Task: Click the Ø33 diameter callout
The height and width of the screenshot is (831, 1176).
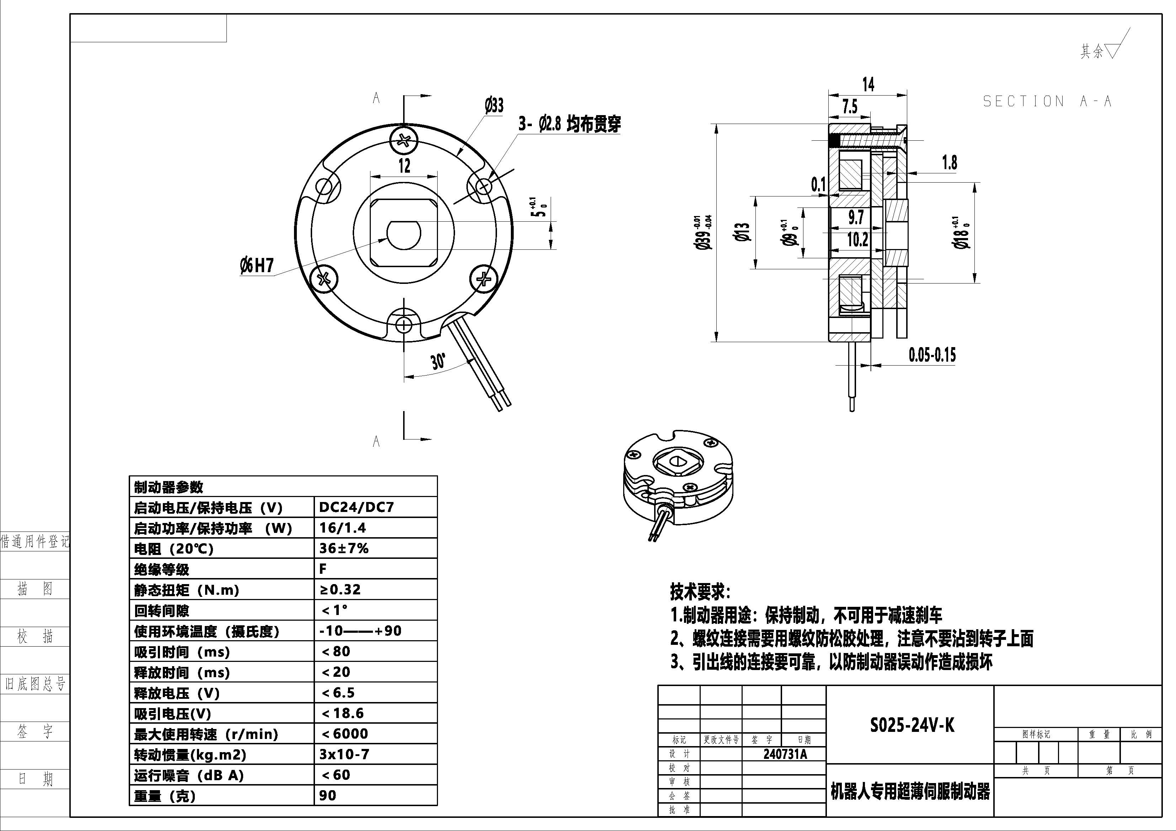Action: (x=494, y=106)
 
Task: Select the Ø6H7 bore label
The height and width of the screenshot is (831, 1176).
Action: (x=257, y=266)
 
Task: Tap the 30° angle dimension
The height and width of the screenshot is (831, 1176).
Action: (x=438, y=361)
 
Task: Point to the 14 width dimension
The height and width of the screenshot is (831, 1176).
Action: (x=868, y=85)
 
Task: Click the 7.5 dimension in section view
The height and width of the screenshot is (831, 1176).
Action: (x=850, y=107)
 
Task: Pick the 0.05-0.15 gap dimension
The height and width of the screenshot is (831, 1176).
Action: (x=932, y=355)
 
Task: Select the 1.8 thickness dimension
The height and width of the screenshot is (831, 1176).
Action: (x=949, y=163)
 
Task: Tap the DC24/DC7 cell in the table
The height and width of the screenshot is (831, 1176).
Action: (x=357, y=507)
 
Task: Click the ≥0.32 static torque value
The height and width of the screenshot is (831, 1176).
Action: (x=340, y=589)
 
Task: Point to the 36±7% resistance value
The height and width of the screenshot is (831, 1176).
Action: (x=344, y=548)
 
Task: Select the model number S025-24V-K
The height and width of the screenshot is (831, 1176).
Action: (x=912, y=725)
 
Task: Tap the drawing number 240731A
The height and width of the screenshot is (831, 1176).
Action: (x=785, y=754)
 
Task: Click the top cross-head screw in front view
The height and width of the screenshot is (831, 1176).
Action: (x=404, y=140)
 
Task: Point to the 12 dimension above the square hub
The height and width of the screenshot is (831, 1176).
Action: (x=404, y=166)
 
